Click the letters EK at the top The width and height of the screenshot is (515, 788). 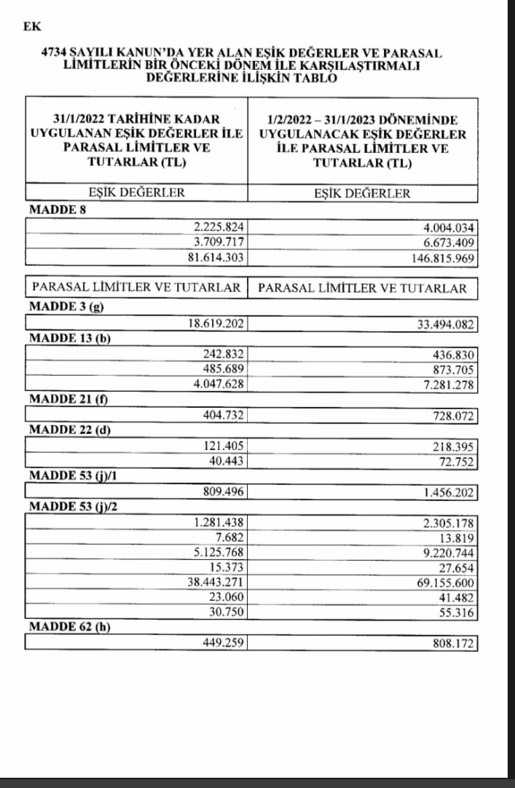(32, 27)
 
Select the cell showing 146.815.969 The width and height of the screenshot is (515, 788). (441, 258)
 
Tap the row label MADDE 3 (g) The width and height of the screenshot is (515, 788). (66, 307)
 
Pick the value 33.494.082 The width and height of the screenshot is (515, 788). (444, 323)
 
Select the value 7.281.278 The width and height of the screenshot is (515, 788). (447, 384)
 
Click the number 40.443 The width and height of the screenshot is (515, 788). (227, 461)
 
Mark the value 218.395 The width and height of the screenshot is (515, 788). (452, 446)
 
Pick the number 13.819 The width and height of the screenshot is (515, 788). (457, 538)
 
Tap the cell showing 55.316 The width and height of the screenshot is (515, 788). (457, 613)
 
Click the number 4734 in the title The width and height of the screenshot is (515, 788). (55, 53)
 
